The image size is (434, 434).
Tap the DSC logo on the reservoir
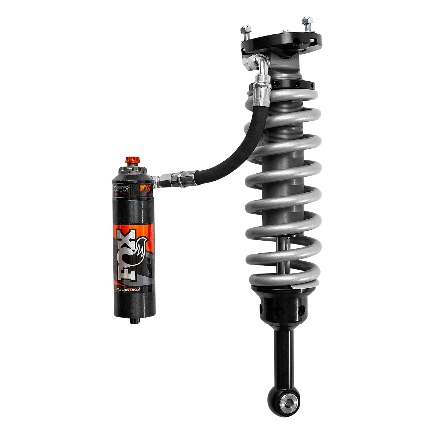click(120, 189)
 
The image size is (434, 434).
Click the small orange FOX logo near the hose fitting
click(145, 189)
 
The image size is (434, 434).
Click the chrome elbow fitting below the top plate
click(261, 63)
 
